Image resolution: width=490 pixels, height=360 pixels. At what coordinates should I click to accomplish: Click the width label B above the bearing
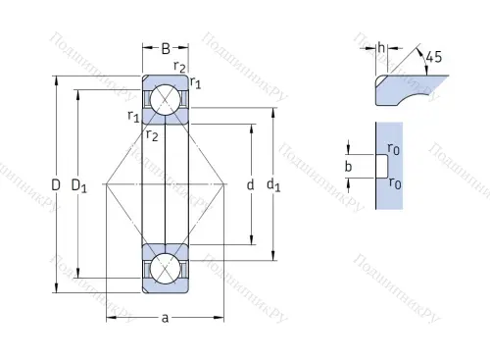166,48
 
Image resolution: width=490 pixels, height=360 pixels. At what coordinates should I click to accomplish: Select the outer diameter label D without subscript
56,184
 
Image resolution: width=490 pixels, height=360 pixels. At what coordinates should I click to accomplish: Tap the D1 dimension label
85,185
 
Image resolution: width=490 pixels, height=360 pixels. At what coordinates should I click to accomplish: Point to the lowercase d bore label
251,184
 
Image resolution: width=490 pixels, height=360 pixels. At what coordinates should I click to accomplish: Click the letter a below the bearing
165,319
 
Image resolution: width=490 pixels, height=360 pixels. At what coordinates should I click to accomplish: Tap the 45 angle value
434,57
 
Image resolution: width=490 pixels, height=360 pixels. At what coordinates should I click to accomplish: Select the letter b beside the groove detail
348,167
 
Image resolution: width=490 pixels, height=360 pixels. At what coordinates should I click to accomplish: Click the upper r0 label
393,149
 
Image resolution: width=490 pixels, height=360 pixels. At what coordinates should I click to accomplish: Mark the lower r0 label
393,183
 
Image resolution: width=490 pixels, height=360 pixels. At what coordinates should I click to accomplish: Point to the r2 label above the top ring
179,67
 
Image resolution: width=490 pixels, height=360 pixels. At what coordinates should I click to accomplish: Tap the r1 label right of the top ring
196,82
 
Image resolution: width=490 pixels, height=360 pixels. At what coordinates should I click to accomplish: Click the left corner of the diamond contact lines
105,183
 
